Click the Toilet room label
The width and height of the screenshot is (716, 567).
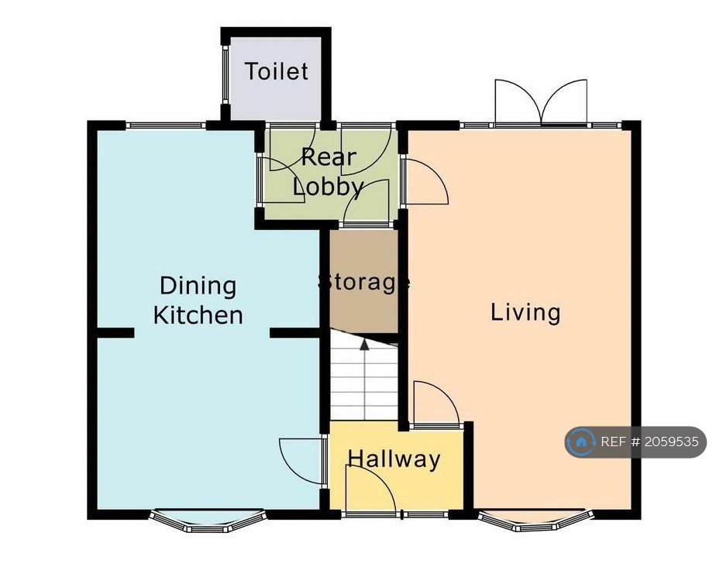tap(277, 72)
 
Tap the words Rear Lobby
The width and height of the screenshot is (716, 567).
tap(329, 172)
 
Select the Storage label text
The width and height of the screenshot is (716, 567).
tap(363, 282)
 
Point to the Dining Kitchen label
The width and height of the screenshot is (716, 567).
tap(198, 301)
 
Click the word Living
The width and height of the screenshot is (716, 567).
tap(525, 313)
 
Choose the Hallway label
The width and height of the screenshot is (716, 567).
tap(394, 459)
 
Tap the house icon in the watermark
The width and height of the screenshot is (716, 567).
tap(581, 442)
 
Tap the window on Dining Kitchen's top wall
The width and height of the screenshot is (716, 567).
tap(166, 125)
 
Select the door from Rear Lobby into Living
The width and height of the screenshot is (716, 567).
tap(425, 182)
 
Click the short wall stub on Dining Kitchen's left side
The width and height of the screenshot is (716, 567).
tap(115, 333)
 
